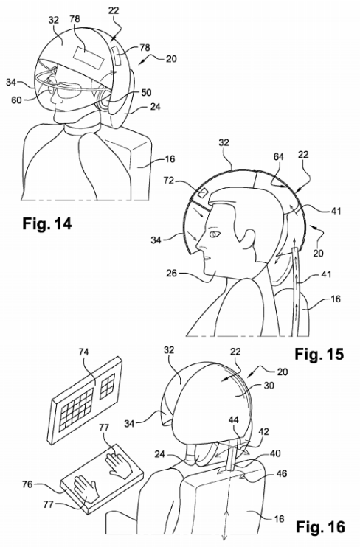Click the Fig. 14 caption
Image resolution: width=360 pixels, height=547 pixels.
[x=47, y=223]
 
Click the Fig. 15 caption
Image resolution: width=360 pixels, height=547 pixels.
[x=319, y=354]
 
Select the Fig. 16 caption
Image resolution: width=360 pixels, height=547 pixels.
[x=320, y=526]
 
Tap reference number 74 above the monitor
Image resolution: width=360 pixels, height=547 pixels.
[x=83, y=352]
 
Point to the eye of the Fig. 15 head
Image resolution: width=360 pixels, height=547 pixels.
[x=214, y=234]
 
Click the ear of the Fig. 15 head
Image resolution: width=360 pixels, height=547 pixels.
[x=248, y=240]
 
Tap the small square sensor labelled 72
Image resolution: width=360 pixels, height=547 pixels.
[x=203, y=192]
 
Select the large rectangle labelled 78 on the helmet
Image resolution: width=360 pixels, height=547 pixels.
[x=89, y=58]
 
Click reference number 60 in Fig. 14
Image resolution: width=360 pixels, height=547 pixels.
[x=16, y=100]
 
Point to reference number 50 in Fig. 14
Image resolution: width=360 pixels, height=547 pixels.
[x=146, y=92]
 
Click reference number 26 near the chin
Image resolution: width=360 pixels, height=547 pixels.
[x=172, y=273]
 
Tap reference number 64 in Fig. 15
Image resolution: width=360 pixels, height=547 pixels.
[x=278, y=157]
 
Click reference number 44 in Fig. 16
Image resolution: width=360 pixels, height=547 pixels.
[x=234, y=419]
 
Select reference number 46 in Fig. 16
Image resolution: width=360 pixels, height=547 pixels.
[x=282, y=473]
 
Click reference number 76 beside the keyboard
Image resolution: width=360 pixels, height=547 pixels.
[x=27, y=484]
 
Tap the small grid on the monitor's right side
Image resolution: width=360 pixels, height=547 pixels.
[x=108, y=386]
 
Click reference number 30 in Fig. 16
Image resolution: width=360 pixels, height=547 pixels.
[x=268, y=386]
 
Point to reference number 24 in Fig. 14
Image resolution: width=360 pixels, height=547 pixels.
[x=155, y=106]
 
